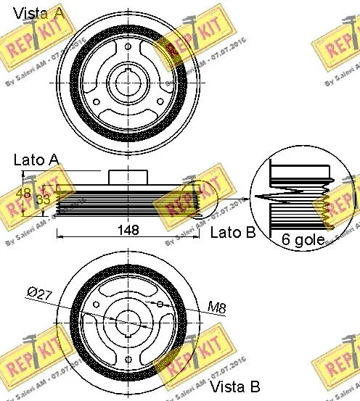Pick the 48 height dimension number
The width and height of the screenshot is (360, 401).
(21, 194)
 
